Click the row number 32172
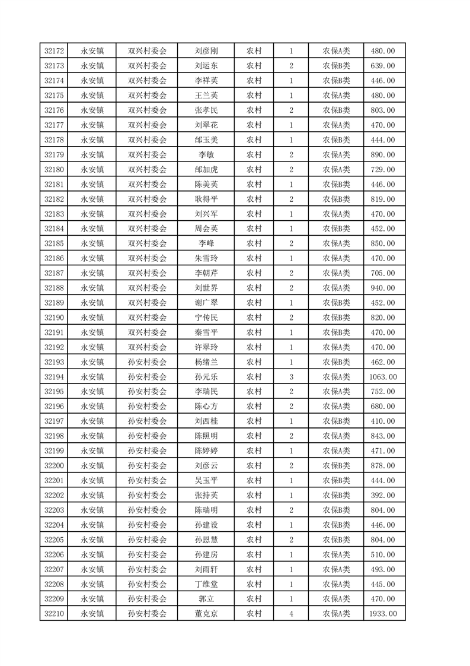(54, 51)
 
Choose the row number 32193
(54, 361)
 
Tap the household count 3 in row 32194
(291, 376)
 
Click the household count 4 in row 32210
(291, 614)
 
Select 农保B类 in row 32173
(336, 66)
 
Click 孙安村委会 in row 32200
(148, 465)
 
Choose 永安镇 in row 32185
(92, 243)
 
